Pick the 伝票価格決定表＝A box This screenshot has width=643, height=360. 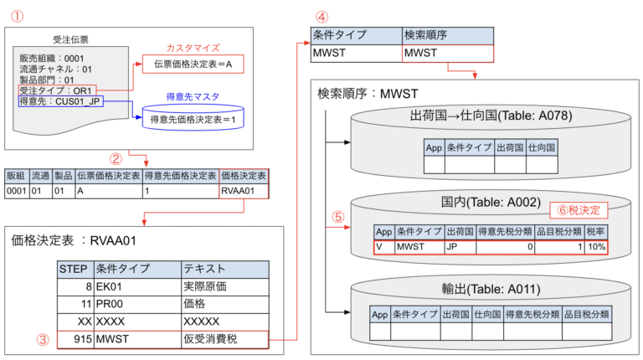(x=192, y=63)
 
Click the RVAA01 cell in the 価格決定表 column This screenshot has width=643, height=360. (x=244, y=191)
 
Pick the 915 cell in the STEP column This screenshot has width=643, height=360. (x=80, y=340)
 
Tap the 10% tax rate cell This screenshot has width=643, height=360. (x=596, y=247)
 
